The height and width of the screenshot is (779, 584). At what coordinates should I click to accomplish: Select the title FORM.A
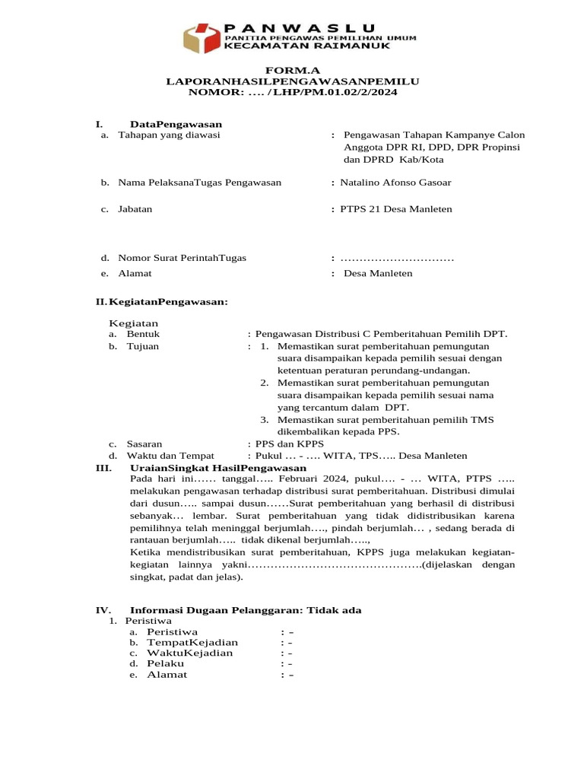click(293, 69)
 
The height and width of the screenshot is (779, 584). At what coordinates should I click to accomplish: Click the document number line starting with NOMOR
click(293, 91)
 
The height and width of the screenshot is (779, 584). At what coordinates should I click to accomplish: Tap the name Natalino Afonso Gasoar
click(401, 183)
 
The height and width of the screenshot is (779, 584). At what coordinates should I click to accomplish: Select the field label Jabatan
click(135, 209)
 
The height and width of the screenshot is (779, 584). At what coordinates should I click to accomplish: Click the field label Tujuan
click(143, 346)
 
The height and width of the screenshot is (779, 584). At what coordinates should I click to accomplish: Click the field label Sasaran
click(144, 444)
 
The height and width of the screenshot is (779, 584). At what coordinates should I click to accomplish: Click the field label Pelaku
click(165, 663)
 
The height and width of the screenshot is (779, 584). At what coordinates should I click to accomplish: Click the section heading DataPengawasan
click(176, 124)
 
